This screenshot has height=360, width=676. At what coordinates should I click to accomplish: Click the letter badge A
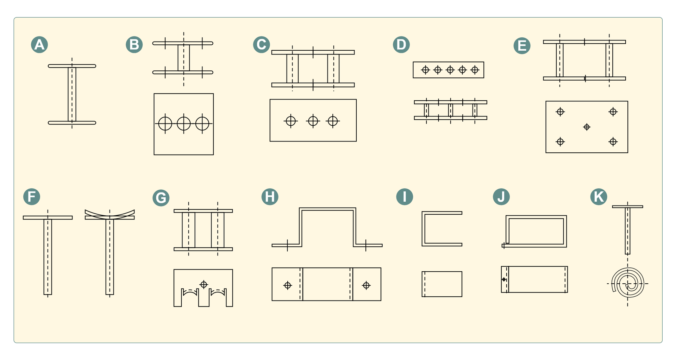coord(39,45)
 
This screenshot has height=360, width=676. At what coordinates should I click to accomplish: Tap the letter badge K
coord(599,197)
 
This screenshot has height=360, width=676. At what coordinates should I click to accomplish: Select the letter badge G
coord(161,198)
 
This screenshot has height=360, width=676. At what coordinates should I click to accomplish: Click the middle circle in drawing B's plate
coord(184,124)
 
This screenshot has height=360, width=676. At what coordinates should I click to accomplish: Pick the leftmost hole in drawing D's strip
coord(426,70)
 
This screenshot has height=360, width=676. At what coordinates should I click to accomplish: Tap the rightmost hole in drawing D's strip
coord(475,70)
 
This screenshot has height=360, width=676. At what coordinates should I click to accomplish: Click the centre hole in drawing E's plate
coord(587,127)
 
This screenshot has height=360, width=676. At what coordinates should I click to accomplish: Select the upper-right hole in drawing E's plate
coord(613,112)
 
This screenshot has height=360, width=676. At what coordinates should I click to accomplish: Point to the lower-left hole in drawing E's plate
coord(560,141)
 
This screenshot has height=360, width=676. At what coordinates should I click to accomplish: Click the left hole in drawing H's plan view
coord(288,285)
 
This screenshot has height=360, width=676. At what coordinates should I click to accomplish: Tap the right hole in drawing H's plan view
coord(366,285)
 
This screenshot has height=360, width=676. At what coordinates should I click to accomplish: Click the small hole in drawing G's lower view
coord(204,284)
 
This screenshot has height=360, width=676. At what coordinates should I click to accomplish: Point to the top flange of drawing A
coord(72,66)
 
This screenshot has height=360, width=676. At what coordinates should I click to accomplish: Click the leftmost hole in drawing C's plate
coord(291,121)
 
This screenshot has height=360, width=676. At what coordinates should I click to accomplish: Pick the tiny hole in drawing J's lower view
coord(504,279)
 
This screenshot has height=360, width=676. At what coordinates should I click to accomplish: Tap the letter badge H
coord(270,197)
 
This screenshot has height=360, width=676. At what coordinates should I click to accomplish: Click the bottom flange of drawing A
coord(72,123)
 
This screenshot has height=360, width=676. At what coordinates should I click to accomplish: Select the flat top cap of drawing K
coord(627,207)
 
